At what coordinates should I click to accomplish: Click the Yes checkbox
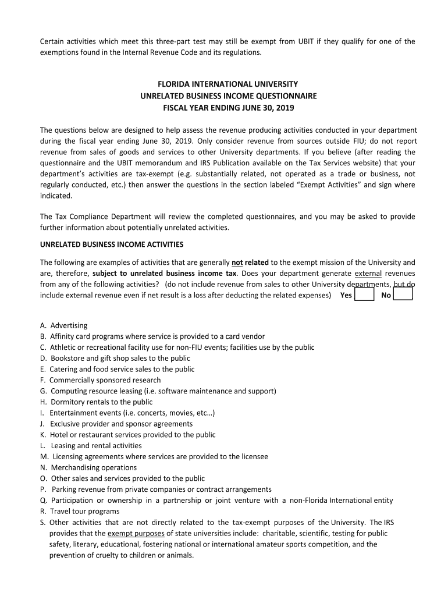click(x=364, y=295)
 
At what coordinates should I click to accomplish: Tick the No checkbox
click(x=403, y=295)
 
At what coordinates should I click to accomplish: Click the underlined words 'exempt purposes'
click(x=136, y=533)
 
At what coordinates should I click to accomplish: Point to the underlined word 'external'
click(x=368, y=274)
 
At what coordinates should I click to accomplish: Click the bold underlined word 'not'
click(x=237, y=262)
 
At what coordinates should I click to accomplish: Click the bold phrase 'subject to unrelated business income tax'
click(x=164, y=274)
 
